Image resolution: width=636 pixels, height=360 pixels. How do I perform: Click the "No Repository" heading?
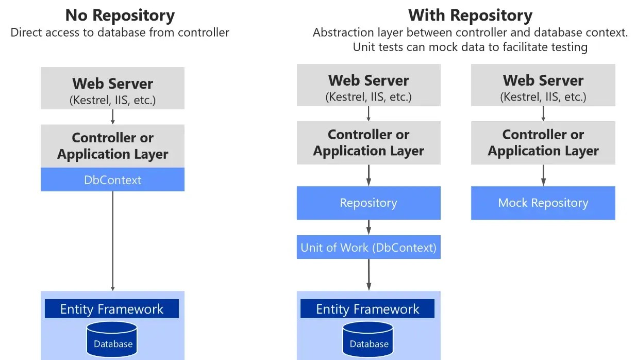[120, 15]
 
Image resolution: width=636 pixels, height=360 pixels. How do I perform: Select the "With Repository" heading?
[470, 15]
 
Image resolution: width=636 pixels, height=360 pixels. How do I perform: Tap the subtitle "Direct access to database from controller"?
[120, 32]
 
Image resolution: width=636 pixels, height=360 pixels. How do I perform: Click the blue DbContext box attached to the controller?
[112, 179]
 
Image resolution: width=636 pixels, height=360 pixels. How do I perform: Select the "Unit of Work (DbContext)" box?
[369, 248]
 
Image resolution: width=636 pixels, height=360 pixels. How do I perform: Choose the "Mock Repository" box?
[543, 203]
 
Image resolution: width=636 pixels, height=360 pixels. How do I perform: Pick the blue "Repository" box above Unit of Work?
[369, 203]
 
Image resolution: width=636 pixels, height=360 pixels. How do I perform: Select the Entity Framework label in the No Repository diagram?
[112, 309]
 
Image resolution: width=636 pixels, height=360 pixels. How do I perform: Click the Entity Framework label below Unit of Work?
[367, 309]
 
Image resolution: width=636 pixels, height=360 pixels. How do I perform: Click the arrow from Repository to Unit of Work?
[369, 227]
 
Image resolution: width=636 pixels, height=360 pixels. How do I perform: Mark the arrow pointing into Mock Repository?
[543, 175]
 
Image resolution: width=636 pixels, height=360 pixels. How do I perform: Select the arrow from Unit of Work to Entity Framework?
[369, 274]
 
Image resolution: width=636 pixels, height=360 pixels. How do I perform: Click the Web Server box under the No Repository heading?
[112, 88]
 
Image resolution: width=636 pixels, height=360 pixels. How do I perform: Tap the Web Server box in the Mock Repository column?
[543, 85]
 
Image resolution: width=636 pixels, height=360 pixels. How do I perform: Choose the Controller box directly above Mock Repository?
[543, 142]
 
